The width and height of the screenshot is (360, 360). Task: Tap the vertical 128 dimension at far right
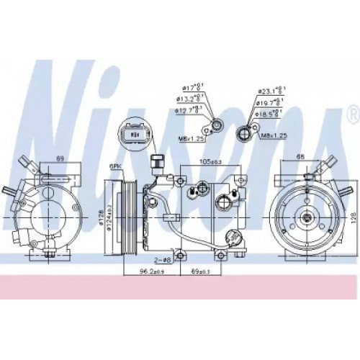[354, 215]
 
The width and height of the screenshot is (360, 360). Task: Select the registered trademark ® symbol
[351, 114]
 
